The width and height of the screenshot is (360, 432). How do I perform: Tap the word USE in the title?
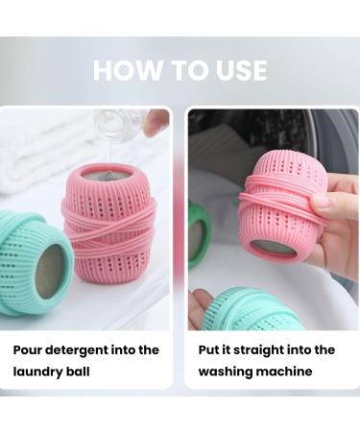click(x=238, y=70)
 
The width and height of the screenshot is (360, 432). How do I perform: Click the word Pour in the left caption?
click(x=30, y=349)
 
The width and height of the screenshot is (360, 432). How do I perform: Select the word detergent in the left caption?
click(x=84, y=349)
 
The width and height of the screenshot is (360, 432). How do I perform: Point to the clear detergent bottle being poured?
click(x=120, y=125)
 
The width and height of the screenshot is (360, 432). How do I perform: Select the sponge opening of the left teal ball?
click(x=53, y=270)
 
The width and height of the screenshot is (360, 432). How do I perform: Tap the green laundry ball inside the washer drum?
click(x=199, y=235)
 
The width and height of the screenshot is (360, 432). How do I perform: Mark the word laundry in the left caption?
click(x=38, y=371)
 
